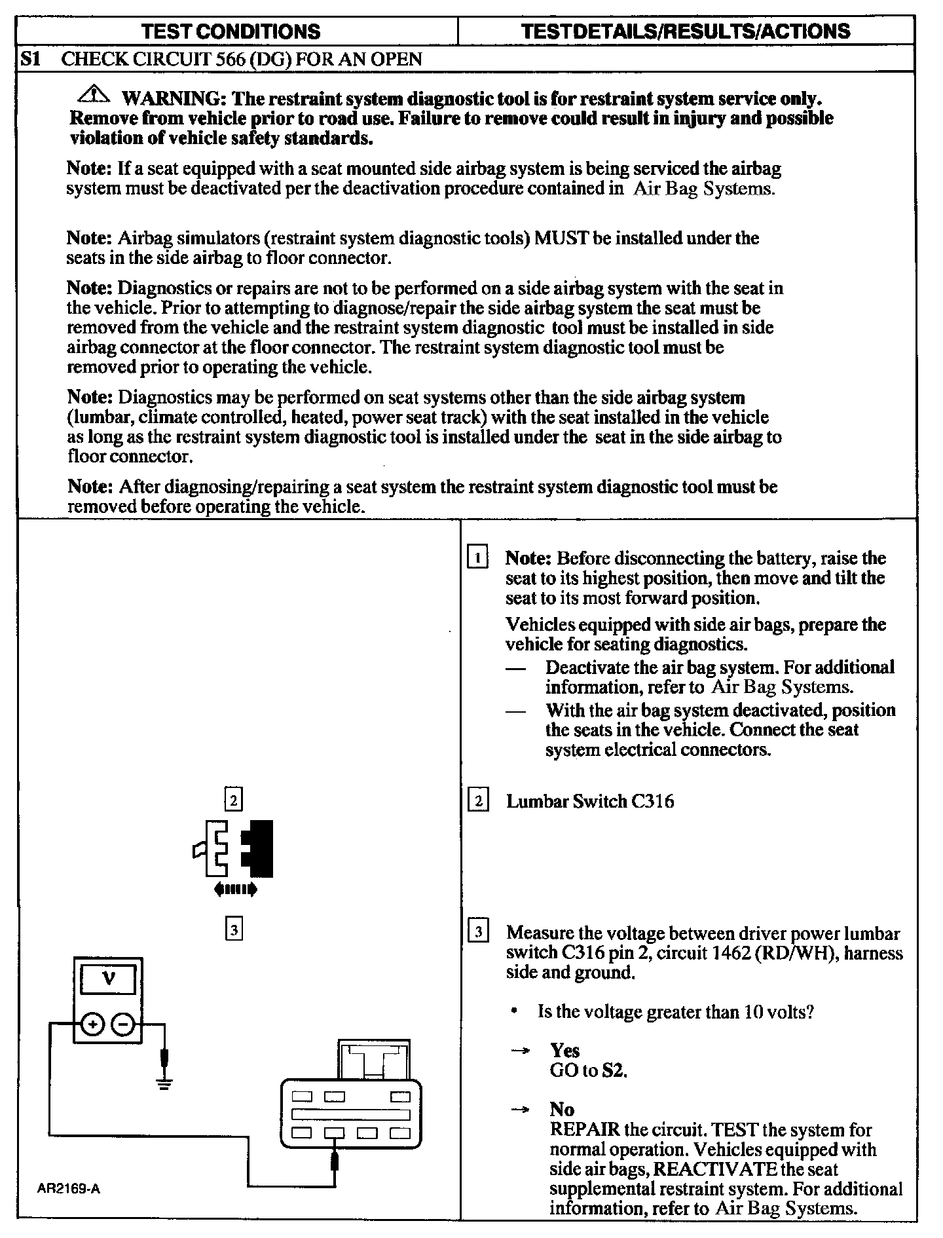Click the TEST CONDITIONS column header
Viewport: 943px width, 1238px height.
(231, 31)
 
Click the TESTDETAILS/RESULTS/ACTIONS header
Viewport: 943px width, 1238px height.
(686, 31)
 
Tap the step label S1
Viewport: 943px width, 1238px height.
(30, 60)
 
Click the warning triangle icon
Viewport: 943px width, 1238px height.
(95, 96)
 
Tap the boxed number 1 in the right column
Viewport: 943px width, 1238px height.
(478, 559)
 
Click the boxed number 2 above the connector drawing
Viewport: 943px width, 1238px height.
(234, 800)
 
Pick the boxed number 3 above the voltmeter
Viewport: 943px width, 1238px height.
(234, 929)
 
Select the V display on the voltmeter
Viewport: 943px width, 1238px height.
(109, 981)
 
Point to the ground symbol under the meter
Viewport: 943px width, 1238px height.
(164, 1082)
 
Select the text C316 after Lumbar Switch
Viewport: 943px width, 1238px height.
(652, 802)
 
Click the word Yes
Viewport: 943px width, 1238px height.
(564, 1051)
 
